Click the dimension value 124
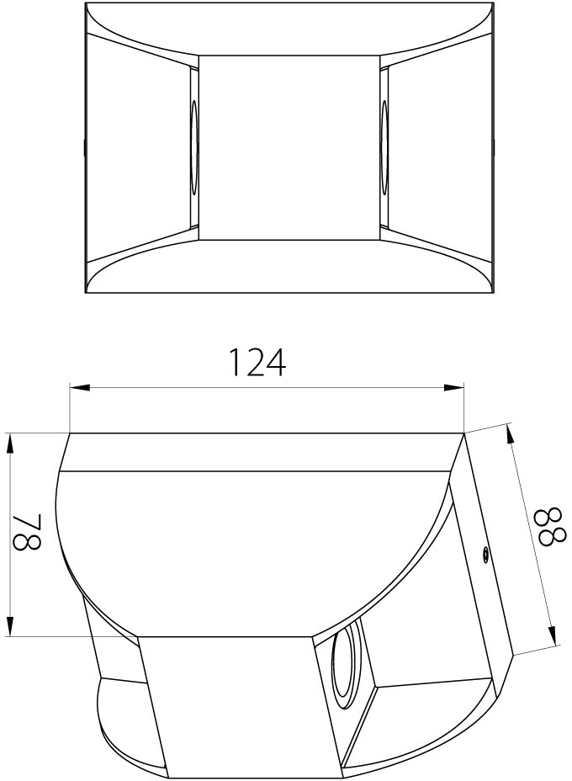pyautogui.click(x=257, y=362)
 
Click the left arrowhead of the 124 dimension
pyautogui.click(x=80, y=387)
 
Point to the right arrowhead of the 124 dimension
pyautogui.click(x=453, y=387)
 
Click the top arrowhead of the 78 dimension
pyautogui.click(x=9, y=444)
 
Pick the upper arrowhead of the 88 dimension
pyautogui.click(x=509, y=433)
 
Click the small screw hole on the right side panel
pyautogui.click(x=485, y=554)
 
